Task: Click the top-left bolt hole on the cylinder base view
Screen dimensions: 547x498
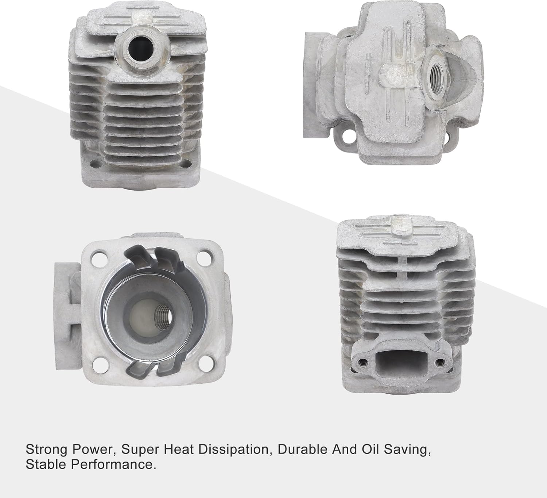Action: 98,257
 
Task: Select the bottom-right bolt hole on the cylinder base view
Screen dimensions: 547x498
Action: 203,364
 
